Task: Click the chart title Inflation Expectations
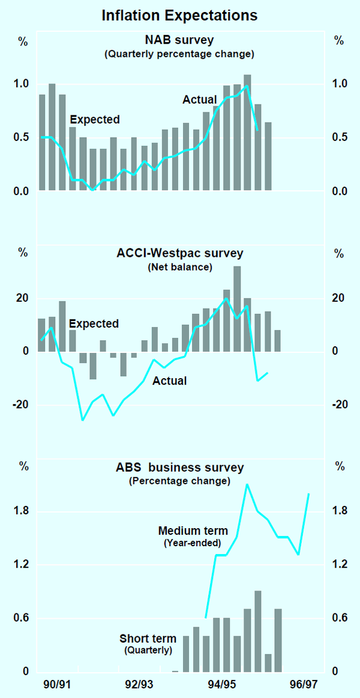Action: pyautogui.click(x=180, y=15)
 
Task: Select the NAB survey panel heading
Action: pyautogui.click(x=180, y=41)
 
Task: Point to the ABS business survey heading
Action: pyautogui.click(x=180, y=468)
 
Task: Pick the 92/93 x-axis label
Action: pyautogui.click(x=139, y=684)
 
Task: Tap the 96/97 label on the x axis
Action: pyautogui.click(x=303, y=684)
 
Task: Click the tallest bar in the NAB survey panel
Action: pyautogui.click(x=247, y=132)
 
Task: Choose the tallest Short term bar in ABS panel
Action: pyautogui.click(x=257, y=630)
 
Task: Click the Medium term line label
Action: pyautogui.click(x=193, y=531)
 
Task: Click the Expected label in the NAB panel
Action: pyautogui.click(x=95, y=119)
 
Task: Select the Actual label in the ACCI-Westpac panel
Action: pyautogui.click(x=169, y=381)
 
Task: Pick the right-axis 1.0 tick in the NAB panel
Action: pyautogui.click(x=340, y=84)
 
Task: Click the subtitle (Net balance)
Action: pyautogui.click(x=180, y=267)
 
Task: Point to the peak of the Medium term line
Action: pyautogui.click(x=247, y=485)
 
